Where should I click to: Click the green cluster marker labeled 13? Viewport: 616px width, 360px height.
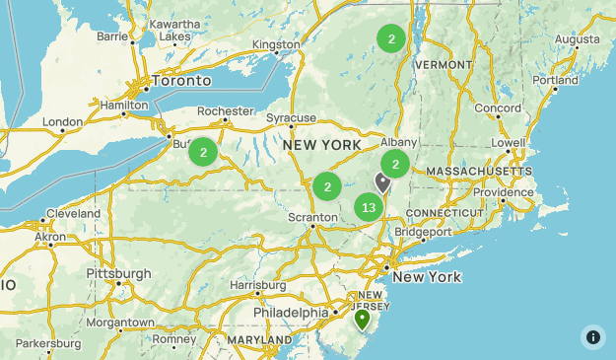369,207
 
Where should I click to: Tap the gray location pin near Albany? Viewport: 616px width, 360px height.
382,181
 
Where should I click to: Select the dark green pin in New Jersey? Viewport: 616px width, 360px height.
362,319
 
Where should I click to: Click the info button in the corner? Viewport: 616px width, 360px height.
593,336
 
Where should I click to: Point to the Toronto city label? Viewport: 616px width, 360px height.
179,80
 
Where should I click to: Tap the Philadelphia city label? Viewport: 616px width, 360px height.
290,313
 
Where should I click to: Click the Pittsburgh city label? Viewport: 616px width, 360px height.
118,273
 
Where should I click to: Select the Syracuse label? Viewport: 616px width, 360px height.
291,118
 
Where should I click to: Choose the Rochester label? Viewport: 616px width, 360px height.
226,111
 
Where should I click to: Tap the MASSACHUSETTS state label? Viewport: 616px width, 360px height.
479,172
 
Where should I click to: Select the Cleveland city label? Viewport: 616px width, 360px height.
72,213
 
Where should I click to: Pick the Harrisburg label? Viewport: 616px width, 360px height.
257,285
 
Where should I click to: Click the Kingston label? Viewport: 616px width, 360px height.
276,44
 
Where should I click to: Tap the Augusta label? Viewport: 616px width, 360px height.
578,39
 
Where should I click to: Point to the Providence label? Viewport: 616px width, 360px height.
502,191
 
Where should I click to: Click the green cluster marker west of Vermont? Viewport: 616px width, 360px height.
391,39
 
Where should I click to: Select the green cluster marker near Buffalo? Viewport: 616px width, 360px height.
203,152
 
